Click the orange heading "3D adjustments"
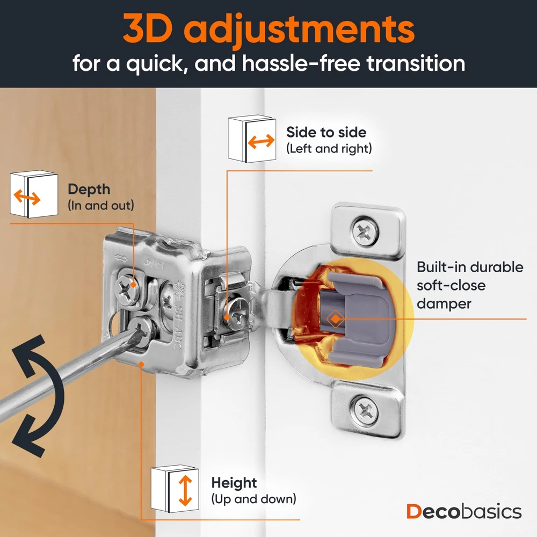tap(268, 29)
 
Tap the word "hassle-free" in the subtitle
tap(301, 63)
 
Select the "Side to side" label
tap(326, 132)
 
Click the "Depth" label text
tap(89, 190)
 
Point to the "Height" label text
tap(234, 483)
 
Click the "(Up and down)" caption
tap(253, 499)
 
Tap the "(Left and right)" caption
tap(329, 149)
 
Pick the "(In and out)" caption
tap(101, 206)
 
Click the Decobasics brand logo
tap(464, 512)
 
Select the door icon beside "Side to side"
tap(252, 139)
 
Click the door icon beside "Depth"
tap(34, 194)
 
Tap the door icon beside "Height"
tap(175, 489)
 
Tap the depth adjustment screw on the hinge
tap(127, 287)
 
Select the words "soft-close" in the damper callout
tap(451, 285)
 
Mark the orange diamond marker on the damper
tap(336, 319)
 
